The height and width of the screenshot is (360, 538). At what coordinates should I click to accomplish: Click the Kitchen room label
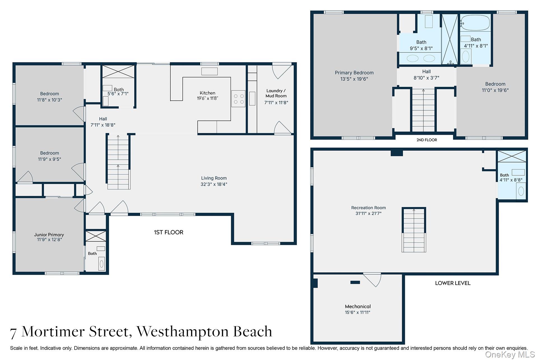[x=207, y=93]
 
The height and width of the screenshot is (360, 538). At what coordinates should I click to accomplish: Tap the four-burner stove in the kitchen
[x=238, y=99]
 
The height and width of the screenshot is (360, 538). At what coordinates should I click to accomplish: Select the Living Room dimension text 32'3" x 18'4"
[x=214, y=184]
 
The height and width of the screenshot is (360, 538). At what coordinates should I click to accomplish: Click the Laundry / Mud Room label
[x=276, y=93]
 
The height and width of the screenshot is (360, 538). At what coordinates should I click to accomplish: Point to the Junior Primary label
[x=49, y=235]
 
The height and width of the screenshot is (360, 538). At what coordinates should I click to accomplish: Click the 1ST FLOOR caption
[x=168, y=232]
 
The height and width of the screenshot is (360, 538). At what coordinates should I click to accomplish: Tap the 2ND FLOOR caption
[x=426, y=140]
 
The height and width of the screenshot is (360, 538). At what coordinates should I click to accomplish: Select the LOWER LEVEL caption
[x=453, y=283]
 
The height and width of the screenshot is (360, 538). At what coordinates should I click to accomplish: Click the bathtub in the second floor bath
[x=475, y=23]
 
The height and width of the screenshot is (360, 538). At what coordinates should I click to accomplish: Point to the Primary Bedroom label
[x=354, y=73]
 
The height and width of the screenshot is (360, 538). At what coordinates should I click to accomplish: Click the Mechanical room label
[x=358, y=306]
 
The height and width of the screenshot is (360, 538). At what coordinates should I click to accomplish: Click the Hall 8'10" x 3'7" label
[x=426, y=75]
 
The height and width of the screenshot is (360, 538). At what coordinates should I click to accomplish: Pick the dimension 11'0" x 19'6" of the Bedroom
[x=495, y=90]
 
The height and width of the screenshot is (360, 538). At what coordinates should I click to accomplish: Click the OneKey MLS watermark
[x=510, y=354]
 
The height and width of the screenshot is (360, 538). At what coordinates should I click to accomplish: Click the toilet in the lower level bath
[x=521, y=191]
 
